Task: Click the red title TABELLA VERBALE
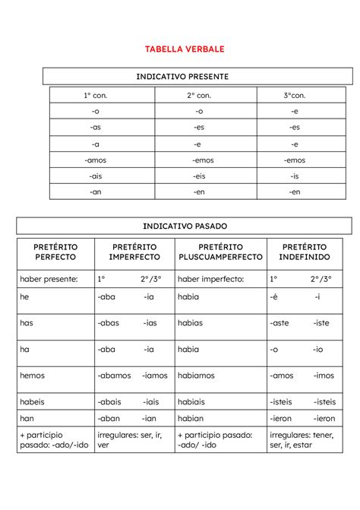tap(185, 49)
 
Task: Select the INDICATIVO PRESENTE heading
tap(182, 77)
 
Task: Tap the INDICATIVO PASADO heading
tap(185, 226)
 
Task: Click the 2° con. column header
tap(204, 96)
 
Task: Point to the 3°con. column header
tap(295, 96)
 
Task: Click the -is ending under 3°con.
tap(295, 176)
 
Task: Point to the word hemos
tap(33, 375)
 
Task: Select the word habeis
tap(33, 402)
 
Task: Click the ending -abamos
tap(114, 375)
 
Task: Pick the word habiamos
tap(196, 375)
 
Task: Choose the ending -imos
tap(324, 375)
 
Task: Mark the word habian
tap(191, 418)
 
